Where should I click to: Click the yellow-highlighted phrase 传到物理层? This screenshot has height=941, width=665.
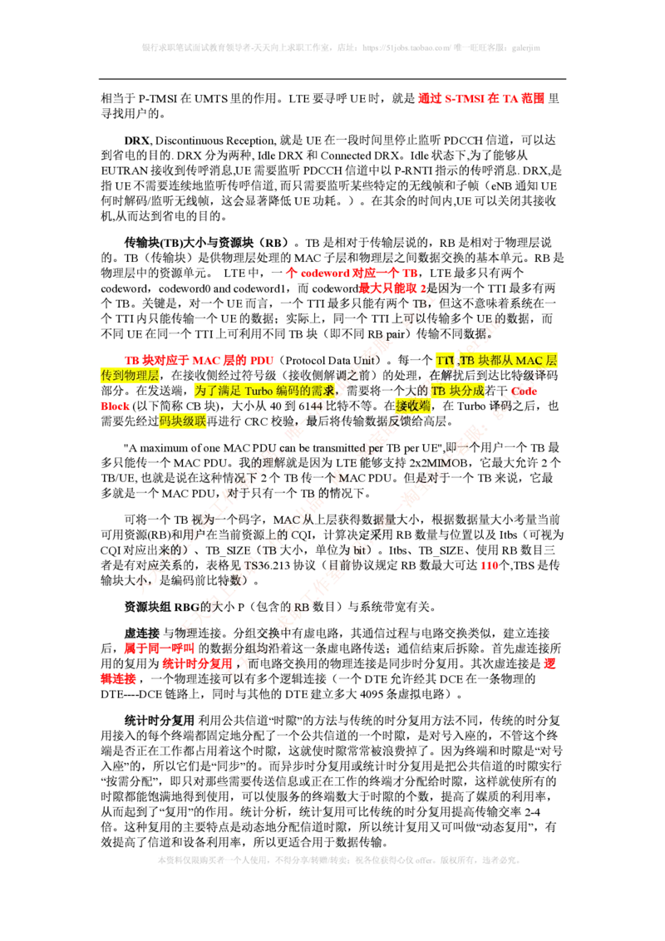[130, 376]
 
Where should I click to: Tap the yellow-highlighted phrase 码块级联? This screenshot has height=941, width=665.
[182, 422]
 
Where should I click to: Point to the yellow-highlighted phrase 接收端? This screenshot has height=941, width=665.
[413, 406]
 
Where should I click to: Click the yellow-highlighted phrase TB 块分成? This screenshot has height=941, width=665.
[457, 391]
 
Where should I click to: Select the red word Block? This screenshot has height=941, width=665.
[116, 406]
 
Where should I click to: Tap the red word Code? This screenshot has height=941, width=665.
[525, 391]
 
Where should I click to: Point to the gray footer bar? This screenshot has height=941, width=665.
[338, 858]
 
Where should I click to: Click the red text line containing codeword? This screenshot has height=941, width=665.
[352, 273]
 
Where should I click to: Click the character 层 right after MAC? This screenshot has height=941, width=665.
[552, 361]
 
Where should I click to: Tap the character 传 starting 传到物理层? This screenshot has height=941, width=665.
[106, 376]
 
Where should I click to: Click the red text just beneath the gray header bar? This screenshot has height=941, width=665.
[480, 98]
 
